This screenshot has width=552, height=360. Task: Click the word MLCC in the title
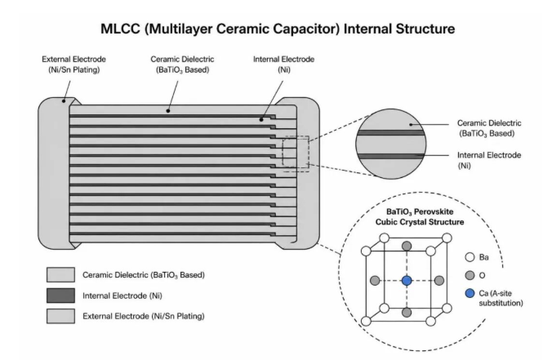tap(120, 29)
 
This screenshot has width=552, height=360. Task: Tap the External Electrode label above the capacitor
tap(74, 64)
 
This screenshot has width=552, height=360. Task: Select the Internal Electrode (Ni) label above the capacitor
tap(283, 64)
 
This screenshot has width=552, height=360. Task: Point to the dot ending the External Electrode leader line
tap(64, 101)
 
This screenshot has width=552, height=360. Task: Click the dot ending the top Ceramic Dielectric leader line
tap(168, 111)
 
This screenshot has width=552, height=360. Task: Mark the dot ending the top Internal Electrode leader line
tap(261, 120)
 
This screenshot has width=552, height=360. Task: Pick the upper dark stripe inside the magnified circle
tap(390, 133)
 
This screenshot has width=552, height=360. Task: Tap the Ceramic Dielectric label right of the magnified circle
tap(489, 128)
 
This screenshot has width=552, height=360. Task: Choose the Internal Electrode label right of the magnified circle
tap(489, 160)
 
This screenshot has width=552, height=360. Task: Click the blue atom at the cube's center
tap(407, 281)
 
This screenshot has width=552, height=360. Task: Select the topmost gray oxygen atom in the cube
tap(407, 246)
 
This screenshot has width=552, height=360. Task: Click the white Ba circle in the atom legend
tap(470, 257)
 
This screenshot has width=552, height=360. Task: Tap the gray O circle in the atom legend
tap(470, 275)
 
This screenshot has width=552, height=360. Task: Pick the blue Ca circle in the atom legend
tap(470, 293)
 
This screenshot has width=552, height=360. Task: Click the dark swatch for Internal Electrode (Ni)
tap(60, 296)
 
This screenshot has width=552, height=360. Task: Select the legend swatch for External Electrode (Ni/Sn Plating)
tap(60, 316)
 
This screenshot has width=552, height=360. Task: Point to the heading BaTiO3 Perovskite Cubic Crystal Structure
tap(420, 217)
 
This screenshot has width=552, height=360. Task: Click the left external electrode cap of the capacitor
tap(54, 174)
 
